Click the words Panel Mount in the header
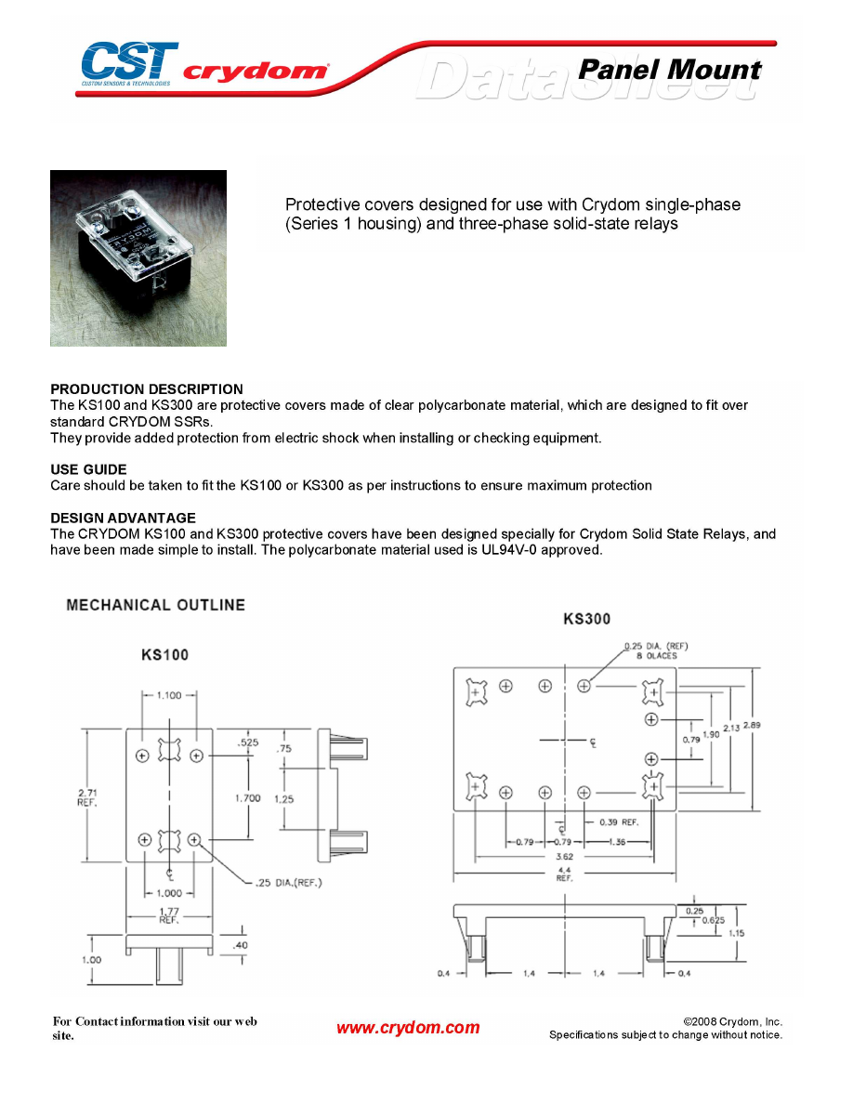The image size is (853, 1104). pyautogui.click(x=669, y=70)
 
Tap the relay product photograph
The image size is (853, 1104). pyautogui.click(x=138, y=258)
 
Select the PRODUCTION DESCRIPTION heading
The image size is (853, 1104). pyautogui.click(x=147, y=389)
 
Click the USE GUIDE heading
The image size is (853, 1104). pyautogui.click(x=88, y=469)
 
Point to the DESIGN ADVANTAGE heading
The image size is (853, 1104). pyautogui.click(x=123, y=518)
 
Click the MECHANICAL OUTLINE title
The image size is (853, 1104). pyautogui.click(x=156, y=605)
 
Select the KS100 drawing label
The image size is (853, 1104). pyautogui.click(x=164, y=655)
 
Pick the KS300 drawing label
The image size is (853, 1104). pyautogui.click(x=587, y=619)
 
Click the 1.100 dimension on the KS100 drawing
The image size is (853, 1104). pyautogui.click(x=169, y=695)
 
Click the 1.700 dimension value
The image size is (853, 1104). pyautogui.click(x=248, y=797)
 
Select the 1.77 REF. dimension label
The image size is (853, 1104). pyautogui.click(x=168, y=915)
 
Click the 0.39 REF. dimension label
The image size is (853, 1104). pyautogui.click(x=618, y=822)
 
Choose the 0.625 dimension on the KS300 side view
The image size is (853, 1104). pyautogui.click(x=714, y=920)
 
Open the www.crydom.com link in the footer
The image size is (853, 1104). pyautogui.click(x=408, y=1028)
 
